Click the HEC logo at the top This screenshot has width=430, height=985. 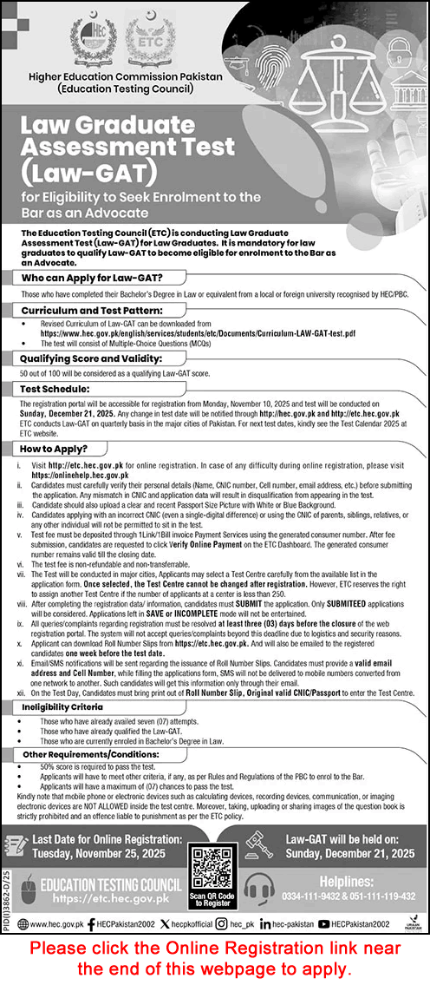97,39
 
